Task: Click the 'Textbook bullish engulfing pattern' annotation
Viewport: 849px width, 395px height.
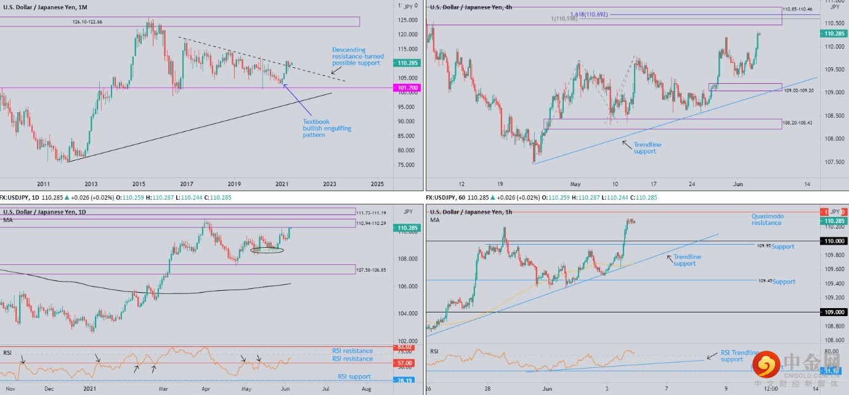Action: click(327, 128)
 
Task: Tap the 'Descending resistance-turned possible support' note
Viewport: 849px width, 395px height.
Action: click(357, 57)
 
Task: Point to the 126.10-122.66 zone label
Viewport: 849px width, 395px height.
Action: click(87, 22)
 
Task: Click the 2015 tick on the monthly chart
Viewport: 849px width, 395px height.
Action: click(139, 184)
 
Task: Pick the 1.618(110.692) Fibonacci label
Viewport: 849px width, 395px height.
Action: click(588, 14)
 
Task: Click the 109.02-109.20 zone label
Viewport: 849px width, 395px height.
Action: click(798, 91)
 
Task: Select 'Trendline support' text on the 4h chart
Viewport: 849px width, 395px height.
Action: click(647, 148)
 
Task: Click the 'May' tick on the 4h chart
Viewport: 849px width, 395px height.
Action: click(575, 184)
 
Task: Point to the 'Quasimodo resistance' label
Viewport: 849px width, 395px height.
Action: click(766, 219)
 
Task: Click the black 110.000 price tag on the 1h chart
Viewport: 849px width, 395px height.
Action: click(835, 241)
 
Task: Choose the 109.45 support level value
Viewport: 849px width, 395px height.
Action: click(765, 280)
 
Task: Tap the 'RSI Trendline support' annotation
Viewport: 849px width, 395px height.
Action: click(740, 356)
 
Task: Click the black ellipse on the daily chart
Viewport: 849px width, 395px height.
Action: click(267, 250)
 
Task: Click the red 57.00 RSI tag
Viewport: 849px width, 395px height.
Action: click(404, 364)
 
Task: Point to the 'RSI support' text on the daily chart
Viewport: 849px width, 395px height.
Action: click(354, 377)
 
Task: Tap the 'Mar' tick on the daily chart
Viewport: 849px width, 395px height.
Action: click(163, 389)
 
